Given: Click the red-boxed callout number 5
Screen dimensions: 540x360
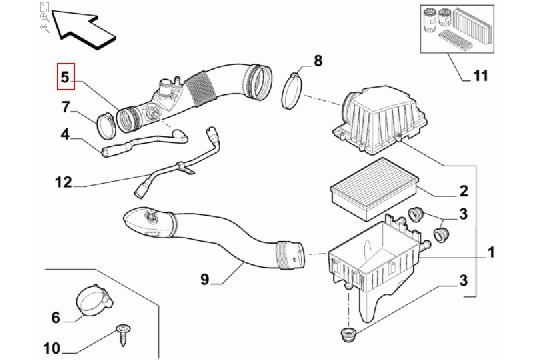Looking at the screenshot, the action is click(65, 77).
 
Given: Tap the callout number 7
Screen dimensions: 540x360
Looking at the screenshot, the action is click(66, 107).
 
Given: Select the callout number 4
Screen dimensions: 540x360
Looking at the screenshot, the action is click(65, 134).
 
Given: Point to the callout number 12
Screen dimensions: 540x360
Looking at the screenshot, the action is click(64, 182).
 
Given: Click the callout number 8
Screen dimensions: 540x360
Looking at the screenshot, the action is click(318, 61).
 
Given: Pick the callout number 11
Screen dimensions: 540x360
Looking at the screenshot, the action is click(481, 75).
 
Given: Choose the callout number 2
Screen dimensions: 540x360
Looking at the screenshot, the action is click(464, 191).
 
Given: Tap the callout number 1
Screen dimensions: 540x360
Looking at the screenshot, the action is click(491, 253).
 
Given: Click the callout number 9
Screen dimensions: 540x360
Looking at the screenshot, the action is click(205, 279).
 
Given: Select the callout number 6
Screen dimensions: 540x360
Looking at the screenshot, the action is click(56, 317).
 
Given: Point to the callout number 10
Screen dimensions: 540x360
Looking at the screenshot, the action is click(52, 348).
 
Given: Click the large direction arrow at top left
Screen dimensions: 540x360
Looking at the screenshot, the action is click(84, 29).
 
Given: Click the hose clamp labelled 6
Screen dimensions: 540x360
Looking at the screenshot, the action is click(94, 300).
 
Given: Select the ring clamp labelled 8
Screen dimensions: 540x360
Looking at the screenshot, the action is click(292, 90).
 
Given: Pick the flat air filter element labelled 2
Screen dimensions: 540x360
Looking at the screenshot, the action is click(374, 189).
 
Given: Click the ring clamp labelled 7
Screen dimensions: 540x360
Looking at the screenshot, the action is click(106, 125).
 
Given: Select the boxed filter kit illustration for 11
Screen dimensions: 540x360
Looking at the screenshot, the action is click(457, 29).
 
